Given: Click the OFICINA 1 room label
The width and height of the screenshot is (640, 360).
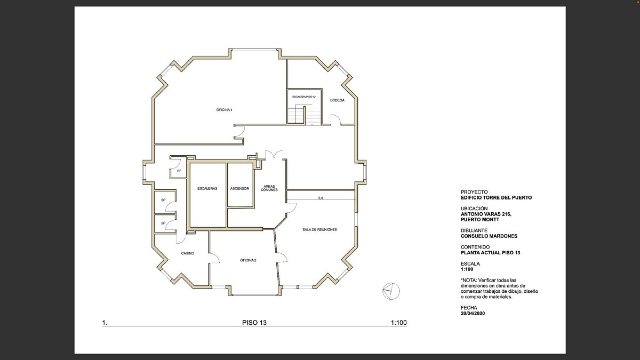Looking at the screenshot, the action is (225, 110).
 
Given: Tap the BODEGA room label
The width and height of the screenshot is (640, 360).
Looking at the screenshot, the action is (337, 100).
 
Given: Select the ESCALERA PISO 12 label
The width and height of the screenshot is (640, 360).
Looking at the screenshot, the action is (303, 97).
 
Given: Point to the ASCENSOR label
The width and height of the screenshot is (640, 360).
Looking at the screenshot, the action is (239, 189).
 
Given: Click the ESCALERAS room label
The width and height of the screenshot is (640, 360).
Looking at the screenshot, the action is (207, 189).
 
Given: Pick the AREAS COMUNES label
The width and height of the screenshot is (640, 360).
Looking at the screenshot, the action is (269, 188).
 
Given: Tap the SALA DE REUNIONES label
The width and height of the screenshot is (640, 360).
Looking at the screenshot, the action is (319, 229).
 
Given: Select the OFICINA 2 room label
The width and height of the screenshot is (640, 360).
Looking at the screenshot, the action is (248, 260).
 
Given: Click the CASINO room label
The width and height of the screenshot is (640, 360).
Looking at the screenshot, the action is (187, 253).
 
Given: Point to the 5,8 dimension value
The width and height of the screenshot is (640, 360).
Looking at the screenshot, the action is (321, 198).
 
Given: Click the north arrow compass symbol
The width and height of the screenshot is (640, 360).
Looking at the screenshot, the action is (391, 291).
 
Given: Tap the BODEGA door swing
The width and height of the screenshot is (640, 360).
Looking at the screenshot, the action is (335, 119).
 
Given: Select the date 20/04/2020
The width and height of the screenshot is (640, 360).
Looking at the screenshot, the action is (473, 313).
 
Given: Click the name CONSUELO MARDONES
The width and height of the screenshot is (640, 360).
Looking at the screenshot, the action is (489, 236).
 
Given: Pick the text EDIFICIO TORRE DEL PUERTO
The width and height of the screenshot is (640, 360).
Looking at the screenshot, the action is (496, 197).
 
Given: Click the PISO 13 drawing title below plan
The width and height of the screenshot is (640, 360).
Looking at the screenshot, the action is (254, 323).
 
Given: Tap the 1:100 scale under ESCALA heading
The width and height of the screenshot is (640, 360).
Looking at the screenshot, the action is (467, 269).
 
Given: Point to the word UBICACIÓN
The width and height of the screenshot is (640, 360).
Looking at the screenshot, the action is (474, 209).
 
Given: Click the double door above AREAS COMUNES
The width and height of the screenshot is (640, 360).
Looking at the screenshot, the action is (274, 155).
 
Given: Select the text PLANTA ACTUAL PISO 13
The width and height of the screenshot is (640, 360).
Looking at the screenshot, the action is (490, 253).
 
